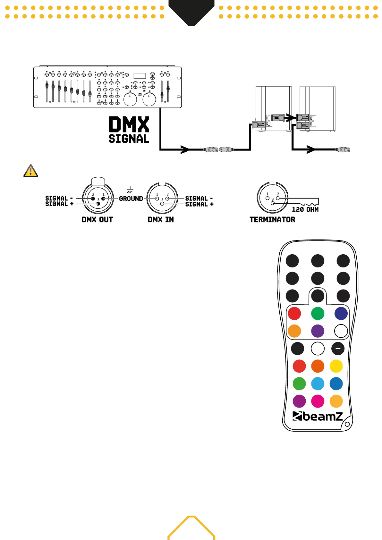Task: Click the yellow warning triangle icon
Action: [31, 171]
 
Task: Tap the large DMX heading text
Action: [129, 124]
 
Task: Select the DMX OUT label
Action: [97, 220]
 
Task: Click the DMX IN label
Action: [161, 220]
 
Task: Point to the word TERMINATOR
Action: [272, 220]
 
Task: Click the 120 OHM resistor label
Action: [305, 209]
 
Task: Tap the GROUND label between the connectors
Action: [131, 199]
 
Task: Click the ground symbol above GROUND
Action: [130, 190]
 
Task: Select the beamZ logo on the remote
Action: [318, 416]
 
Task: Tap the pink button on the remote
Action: [318, 401]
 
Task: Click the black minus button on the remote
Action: [338, 349]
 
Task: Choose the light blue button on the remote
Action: [318, 384]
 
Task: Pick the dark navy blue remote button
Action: [341, 314]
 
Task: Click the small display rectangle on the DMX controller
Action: [140, 76]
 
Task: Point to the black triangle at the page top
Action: [191, 12]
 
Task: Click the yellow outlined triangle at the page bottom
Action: [191, 528]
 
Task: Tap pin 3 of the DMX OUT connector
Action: [98, 204]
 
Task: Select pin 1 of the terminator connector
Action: [267, 198]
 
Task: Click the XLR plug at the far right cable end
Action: [343, 149]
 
